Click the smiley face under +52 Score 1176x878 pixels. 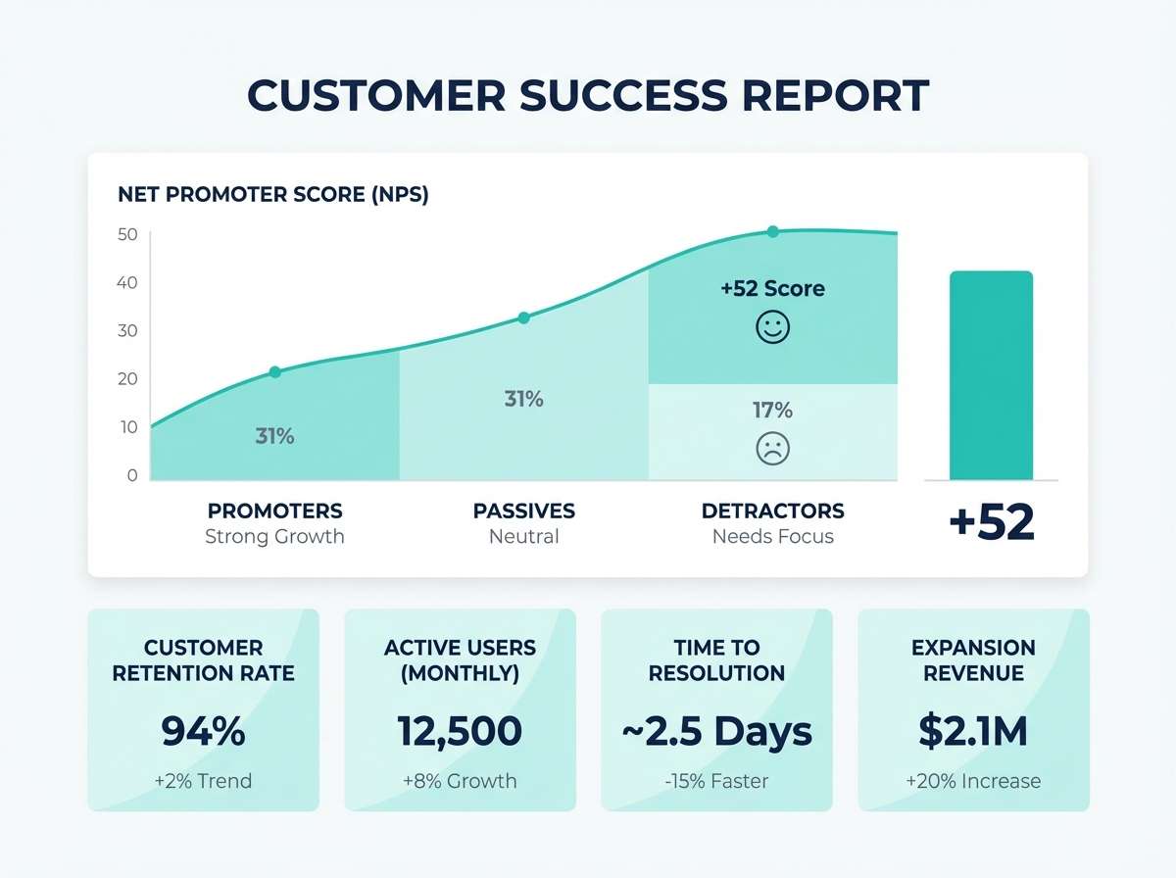772,327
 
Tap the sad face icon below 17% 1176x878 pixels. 772,449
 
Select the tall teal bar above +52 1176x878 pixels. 992,375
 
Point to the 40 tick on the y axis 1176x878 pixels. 128,283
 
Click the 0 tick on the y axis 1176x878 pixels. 132,475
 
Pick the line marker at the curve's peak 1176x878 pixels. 772,231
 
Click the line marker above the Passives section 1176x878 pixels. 523,317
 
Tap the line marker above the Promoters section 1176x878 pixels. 274,371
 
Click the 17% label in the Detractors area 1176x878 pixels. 772,410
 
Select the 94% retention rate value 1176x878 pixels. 203,731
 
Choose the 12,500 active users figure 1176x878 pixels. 460,731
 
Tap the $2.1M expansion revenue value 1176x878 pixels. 973,731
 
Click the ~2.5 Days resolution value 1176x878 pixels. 716,731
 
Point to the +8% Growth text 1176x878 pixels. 460,781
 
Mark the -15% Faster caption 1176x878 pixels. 716,781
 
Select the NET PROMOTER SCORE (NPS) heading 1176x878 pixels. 273,194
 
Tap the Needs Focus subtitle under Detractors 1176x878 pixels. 772,536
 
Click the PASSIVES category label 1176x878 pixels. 523,511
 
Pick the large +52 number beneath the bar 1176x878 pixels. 992,523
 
